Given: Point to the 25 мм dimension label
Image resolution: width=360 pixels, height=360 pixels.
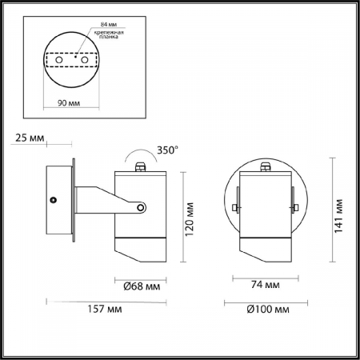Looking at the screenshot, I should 29,138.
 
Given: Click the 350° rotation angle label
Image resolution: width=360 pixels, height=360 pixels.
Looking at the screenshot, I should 166,150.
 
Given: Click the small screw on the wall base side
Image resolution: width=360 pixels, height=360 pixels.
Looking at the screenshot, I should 53,198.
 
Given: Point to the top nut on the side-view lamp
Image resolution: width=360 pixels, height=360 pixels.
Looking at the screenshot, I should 142,168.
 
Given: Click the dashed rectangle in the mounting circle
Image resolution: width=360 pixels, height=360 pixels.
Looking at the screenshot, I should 71,61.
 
